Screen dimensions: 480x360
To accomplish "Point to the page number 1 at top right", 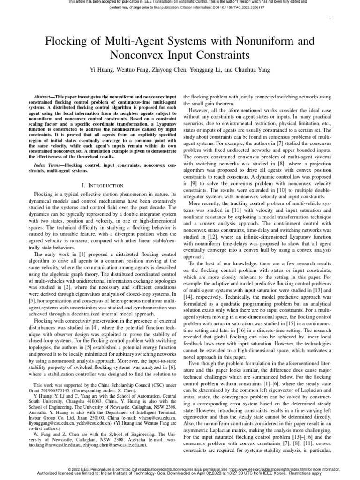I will pos(331,18).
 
